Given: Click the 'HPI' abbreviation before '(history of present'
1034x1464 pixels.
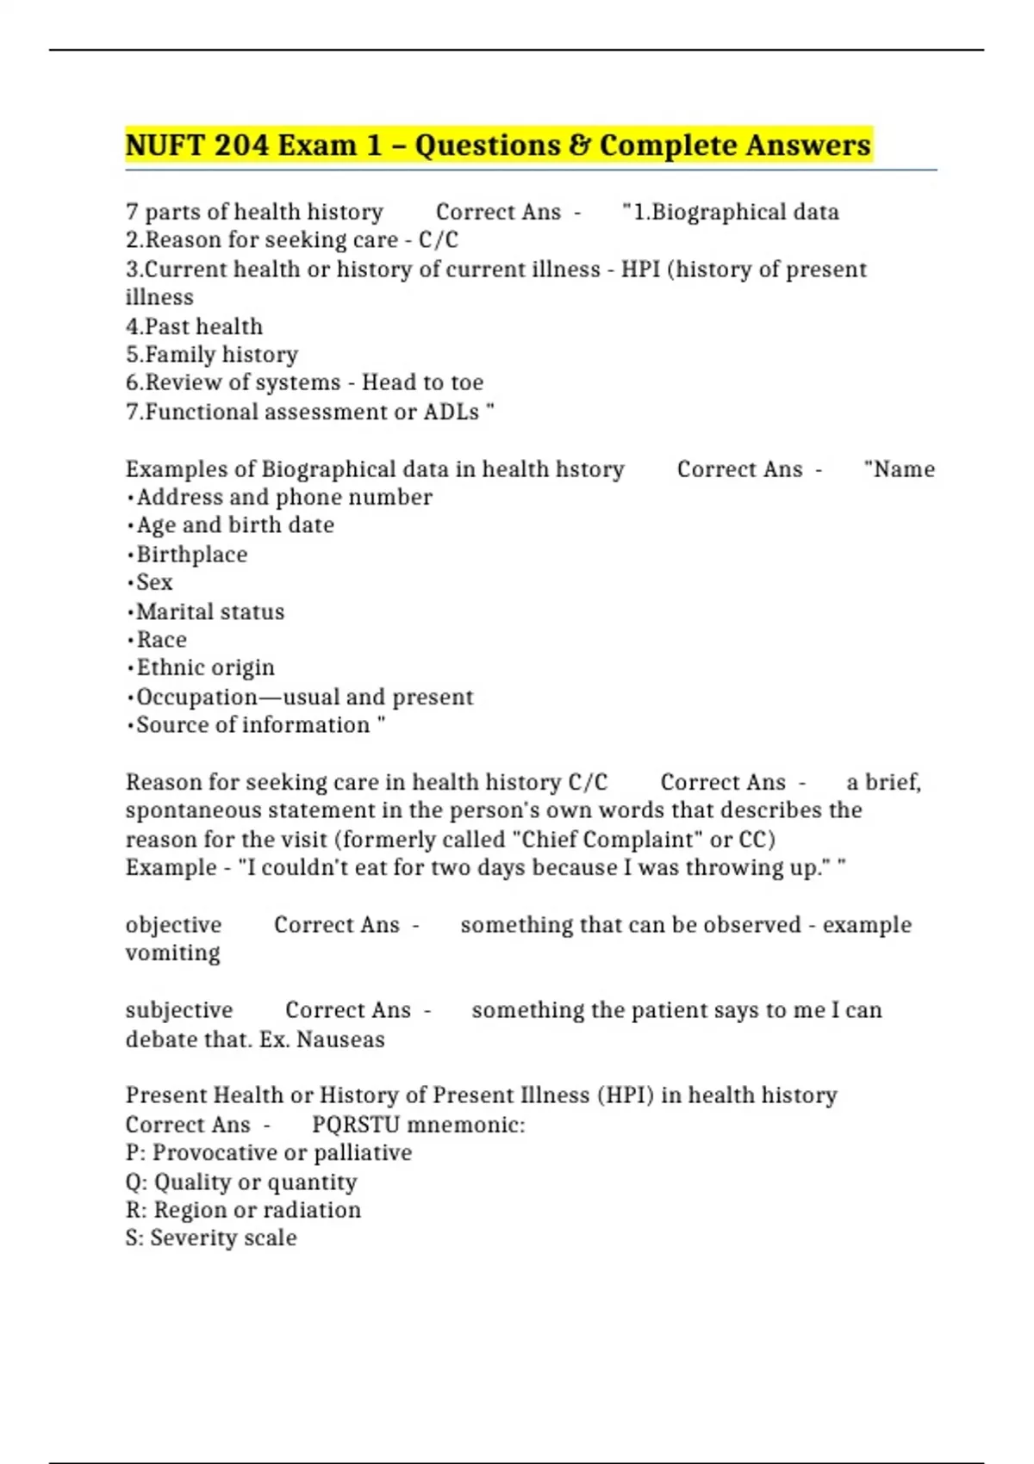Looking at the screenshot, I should pos(640,270).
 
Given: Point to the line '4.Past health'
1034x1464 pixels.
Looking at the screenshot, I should pos(194,327).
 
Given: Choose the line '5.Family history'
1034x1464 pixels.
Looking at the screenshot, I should pos(212,355).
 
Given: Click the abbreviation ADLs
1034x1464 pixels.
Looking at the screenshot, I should pos(451,412).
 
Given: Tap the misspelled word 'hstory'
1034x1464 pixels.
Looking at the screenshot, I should pos(590,469).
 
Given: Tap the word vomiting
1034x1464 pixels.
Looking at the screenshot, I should pos(172,953).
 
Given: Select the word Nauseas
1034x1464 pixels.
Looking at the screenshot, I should pos(340,1039).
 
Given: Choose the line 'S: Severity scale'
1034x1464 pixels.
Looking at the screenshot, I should pos(211,1238).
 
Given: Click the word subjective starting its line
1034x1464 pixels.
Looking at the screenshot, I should pos(178,1010).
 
